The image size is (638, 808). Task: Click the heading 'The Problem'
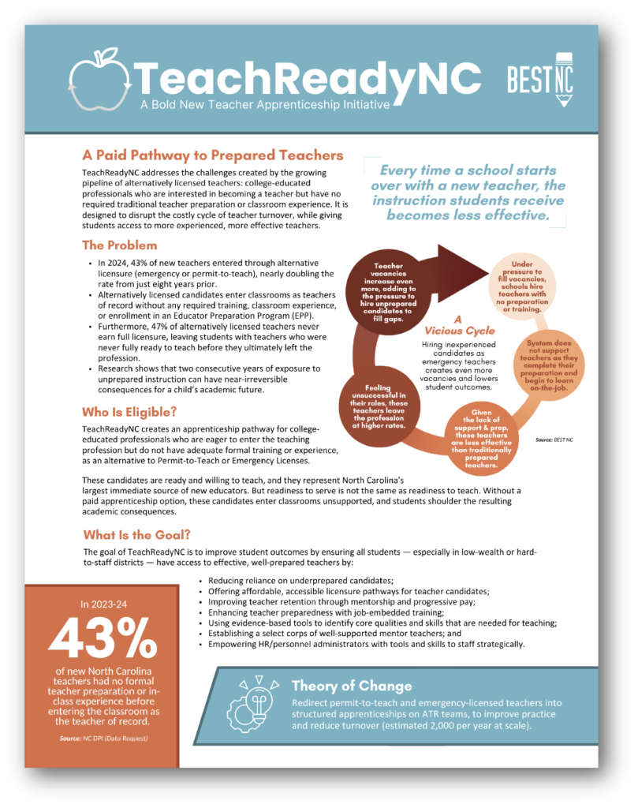tap(119, 245)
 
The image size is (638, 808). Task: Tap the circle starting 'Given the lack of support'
tap(481, 439)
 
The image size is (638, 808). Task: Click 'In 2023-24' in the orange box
tap(102, 604)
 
